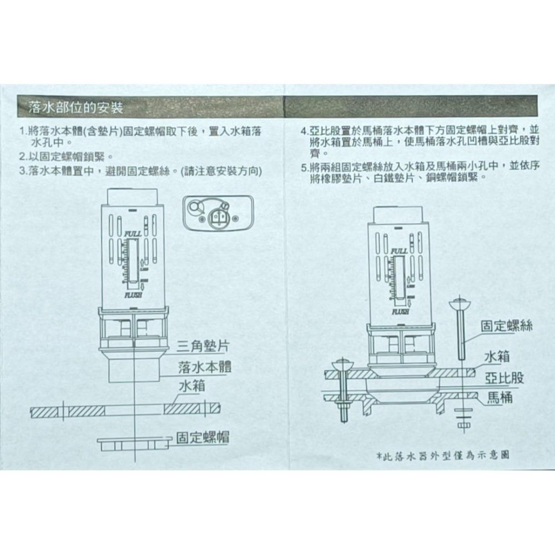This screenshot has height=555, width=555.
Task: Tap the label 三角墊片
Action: click(202, 347)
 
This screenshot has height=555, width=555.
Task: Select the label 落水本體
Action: click(205, 366)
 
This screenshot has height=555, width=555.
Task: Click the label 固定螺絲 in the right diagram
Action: click(507, 326)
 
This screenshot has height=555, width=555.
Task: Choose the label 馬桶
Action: click(501, 397)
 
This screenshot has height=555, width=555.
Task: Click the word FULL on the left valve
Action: click(133, 234)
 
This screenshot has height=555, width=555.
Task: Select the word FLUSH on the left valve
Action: click(133, 294)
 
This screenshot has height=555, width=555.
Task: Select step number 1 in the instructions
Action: click(21, 134)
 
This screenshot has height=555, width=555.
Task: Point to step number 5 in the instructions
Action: click(304, 167)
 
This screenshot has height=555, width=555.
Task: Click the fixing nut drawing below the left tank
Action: click(133, 443)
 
